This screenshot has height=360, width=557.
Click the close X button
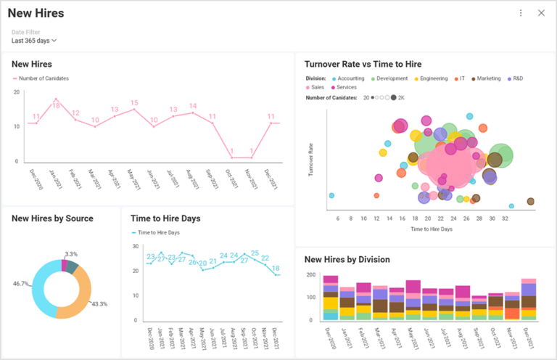(x=541, y=13)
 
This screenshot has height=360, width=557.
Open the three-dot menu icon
(x=521, y=13)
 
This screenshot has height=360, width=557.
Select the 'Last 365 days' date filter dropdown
(x=34, y=41)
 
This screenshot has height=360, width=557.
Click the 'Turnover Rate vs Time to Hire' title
(x=363, y=64)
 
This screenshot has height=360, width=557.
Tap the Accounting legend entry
(x=348, y=78)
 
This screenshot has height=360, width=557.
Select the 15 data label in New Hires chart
(x=133, y=102)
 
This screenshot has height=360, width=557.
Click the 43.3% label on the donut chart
(x=99, y=304)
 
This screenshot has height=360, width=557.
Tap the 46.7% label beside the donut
(x=21, y=283)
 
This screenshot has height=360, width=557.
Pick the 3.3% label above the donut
(x=71, y=254)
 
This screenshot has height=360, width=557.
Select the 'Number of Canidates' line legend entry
(x=44, y=78)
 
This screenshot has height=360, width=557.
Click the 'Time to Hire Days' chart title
(x=165, y=218)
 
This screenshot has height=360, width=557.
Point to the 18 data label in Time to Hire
(x=276, y=268)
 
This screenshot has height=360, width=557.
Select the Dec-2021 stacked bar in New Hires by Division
(x=529, y=300)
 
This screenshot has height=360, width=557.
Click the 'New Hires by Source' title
(x=52, y=218)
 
